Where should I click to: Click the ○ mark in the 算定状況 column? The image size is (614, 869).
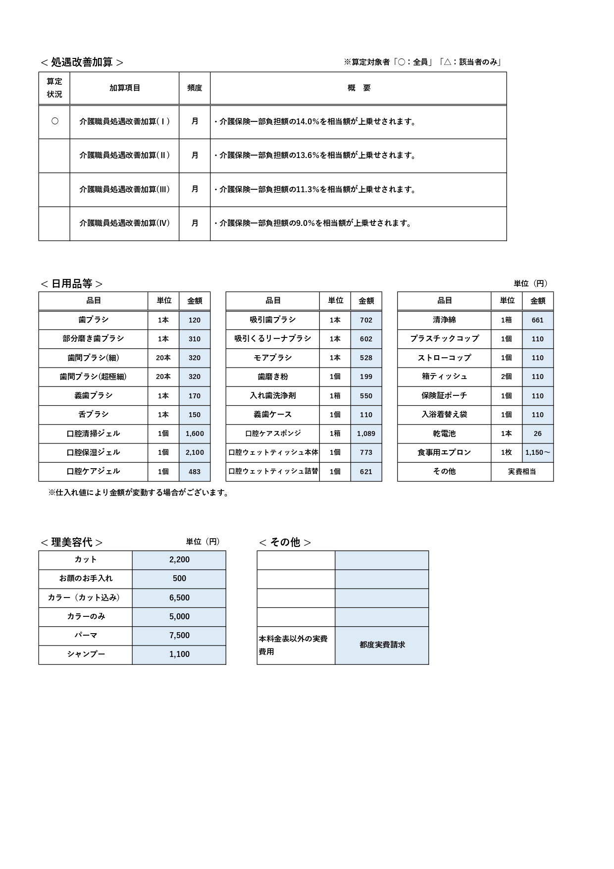[54, 121]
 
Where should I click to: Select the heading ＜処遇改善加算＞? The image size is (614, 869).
[82, 62]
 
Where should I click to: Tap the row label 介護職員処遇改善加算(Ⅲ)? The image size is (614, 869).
[124, 189]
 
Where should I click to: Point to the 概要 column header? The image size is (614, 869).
[358, 88]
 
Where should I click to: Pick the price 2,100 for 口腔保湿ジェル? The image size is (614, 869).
[195, 452]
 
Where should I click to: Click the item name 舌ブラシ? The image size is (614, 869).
[93, 415]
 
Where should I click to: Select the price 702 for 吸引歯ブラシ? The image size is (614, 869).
[366, 320]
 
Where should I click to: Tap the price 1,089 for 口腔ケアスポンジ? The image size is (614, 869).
[366, 434]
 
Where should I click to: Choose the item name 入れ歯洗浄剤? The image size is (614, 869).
[272, 396]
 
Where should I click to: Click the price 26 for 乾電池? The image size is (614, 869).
[537, 434]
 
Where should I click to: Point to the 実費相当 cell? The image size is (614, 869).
[522, 472]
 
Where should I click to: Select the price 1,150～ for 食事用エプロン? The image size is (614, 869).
[537, 452]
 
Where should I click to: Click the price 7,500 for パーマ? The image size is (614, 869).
[179, 636]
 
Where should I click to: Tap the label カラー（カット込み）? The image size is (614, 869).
[85, 597]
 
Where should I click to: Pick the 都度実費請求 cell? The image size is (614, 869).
[382, 645]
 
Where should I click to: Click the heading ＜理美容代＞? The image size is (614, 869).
[71, 543]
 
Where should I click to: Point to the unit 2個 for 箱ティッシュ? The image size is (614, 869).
[506, 377]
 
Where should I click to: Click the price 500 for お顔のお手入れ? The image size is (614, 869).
[179, 579]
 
